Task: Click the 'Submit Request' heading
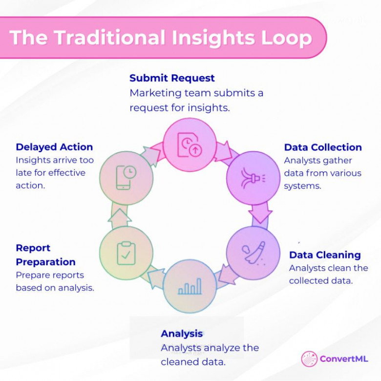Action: click(172, 78)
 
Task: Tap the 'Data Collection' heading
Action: click(323, 147)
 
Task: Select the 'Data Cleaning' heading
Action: click(325, 255)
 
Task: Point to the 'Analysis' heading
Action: click(182, 334)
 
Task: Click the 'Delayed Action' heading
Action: click(54, 147)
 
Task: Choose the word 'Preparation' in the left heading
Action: click(46, 262)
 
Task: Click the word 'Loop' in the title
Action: click(286, 38)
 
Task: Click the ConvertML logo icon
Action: click(309, 359)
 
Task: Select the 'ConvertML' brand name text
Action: click(343, 359)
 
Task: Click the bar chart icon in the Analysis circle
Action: click(190, 286)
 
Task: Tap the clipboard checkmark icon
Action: click(126, 253)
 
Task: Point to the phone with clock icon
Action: click(126, 177)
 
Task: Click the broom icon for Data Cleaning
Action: click(254, 253)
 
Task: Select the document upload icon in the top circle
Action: click(190, 145)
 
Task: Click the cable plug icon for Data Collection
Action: click(253, 178)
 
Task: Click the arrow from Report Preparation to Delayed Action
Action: click(120, 217)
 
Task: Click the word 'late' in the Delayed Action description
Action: click(23, 173)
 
